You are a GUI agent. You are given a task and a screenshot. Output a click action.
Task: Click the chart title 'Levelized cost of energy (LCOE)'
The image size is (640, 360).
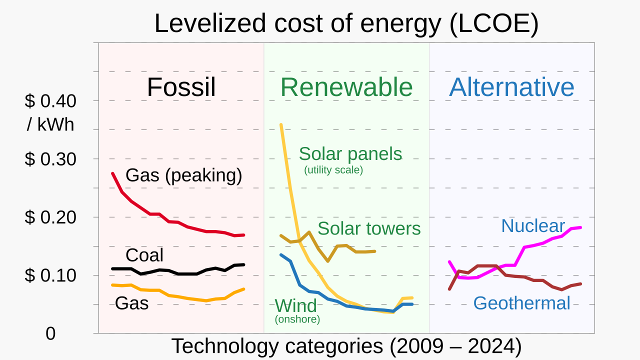pyautogui.click(x=346, y=23)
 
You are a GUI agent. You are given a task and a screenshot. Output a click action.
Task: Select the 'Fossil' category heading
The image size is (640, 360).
pyautogui.click(x=181, y=87)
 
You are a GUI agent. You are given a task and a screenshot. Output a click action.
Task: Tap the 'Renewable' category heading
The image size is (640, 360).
pyautogui.click(x=346, y=87)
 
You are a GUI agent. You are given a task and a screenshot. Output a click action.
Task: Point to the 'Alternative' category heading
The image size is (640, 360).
pyautogui.click(x=511, y=87)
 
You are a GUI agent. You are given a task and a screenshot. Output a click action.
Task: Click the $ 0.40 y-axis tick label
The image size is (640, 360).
pyautogui.click(x=50, y=101)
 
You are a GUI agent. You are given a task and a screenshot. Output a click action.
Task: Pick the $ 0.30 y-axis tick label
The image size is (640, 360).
pyautogui.click(x=50, y=159)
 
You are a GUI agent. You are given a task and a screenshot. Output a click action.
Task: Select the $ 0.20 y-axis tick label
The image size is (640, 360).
pyautogui.click(x=50, y=217)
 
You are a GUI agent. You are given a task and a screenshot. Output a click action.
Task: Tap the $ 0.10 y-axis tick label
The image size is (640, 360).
pyautogui.click(x=50, y=275)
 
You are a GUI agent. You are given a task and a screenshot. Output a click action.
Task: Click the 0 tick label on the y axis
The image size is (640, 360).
pyautogui.click(x=50, y=334)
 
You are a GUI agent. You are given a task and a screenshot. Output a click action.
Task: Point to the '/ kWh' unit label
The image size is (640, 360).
pyautogui.click(x=50, y=124)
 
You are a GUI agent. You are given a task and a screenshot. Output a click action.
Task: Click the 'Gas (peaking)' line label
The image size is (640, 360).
pyautogui.click(x=183, y=175)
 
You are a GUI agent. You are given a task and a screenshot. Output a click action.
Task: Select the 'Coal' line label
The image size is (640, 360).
pyautogui.click(x=144, y=255)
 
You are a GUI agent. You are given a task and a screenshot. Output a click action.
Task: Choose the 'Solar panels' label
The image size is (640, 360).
pyautogui.click(x=350, y=154)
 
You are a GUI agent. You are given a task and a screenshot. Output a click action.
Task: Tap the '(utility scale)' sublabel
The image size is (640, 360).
pyautogui.click(x=333, y=170)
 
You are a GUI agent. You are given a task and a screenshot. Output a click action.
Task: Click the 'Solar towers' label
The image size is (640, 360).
pyautogui.click(x=369, y=228)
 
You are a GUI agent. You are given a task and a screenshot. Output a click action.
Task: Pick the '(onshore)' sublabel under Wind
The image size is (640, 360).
pyautogui.click(x=297, y=319)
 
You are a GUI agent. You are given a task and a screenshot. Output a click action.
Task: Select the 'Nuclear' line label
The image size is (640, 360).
pyautogui.click(x=532, y=226)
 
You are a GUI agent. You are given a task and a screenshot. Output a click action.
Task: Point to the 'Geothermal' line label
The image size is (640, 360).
pyautogui.click(x=521, y=303)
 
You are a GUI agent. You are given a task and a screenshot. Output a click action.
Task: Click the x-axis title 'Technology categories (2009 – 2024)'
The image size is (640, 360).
pyautogui.click(x=346, y=346)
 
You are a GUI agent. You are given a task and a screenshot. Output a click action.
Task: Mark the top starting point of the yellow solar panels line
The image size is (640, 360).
pyautogui.click(x=281, y=124)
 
